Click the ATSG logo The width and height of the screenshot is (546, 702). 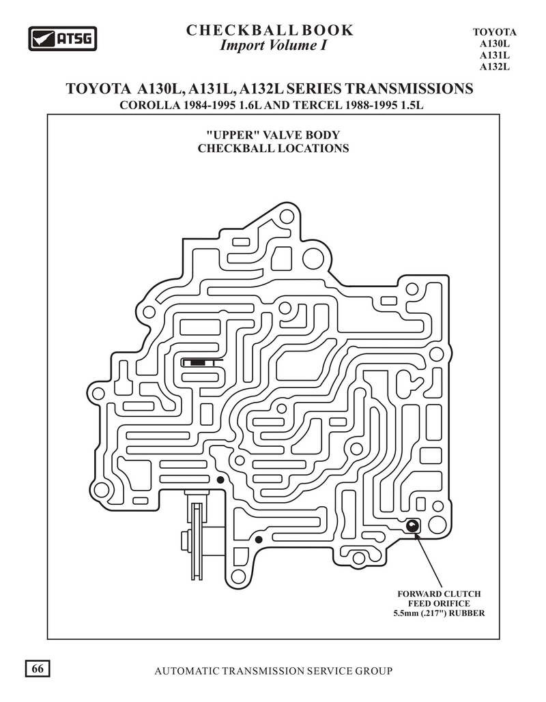click(x=63, y=38)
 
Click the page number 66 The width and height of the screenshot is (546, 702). click(x=38, y=669)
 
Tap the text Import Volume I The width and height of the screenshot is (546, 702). click(x=273, y=45)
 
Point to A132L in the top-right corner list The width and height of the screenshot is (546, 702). click(x=495, y=67)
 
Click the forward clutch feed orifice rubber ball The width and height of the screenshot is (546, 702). click(x=412, y=525)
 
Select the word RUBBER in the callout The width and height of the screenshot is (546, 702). click(x=467, y=613)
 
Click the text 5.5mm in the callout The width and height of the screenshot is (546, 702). click(x=405, y=613)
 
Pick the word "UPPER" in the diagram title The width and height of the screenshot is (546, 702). click(x=233, y=135)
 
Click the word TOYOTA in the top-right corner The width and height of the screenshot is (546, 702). click(x=495, y=32)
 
